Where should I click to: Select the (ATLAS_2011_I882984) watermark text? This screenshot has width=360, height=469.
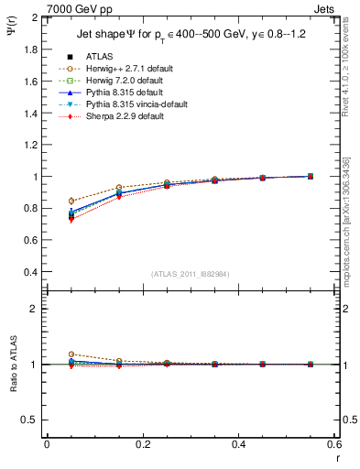190,273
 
